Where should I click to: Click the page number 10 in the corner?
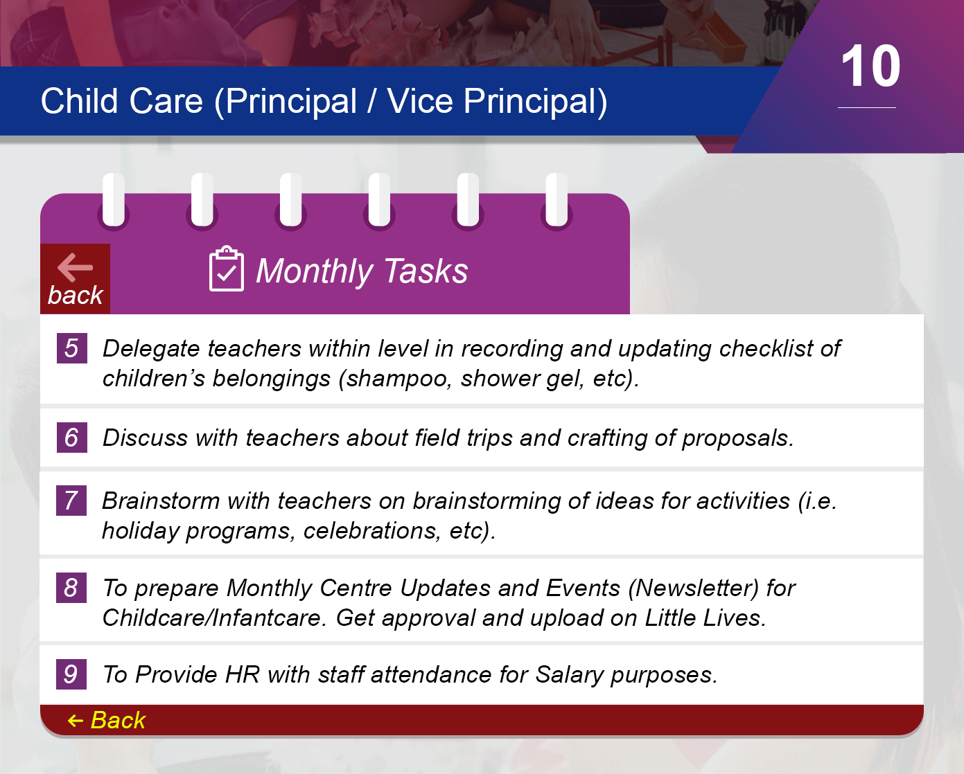[x=870, y=66]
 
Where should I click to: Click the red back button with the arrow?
[x=76, y=278]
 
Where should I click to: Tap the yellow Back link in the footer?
[x=107, y=720]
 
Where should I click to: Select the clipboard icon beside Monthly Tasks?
[x=227, y=269]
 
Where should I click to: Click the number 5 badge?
[x=71, y=348]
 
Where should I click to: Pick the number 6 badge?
[x=71, y=437]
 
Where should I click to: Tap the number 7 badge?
[x=71, y=500]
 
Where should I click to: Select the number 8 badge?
[x=71, y=587]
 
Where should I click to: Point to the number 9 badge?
[x=71, y=674]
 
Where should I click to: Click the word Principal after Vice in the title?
[x=535, y=101]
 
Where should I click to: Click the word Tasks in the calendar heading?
[x=426, y=271]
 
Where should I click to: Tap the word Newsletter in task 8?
[x=694, y=588]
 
